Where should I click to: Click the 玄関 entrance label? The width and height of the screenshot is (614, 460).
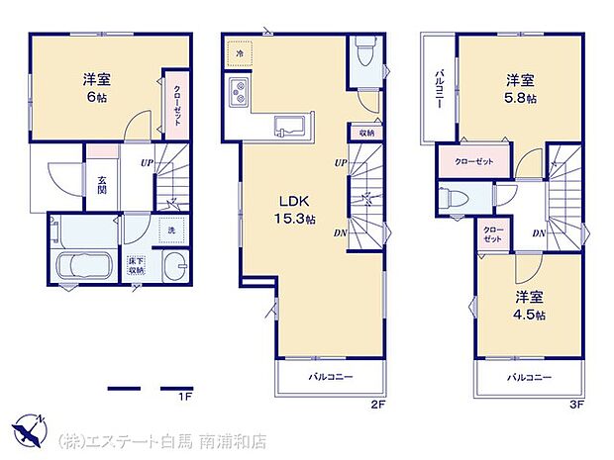(102, 185)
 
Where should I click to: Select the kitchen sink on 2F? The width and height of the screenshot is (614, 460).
(291, 125)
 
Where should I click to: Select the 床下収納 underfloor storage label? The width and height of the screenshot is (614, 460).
(136, 264)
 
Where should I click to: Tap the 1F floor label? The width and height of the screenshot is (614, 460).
(182, 397)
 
